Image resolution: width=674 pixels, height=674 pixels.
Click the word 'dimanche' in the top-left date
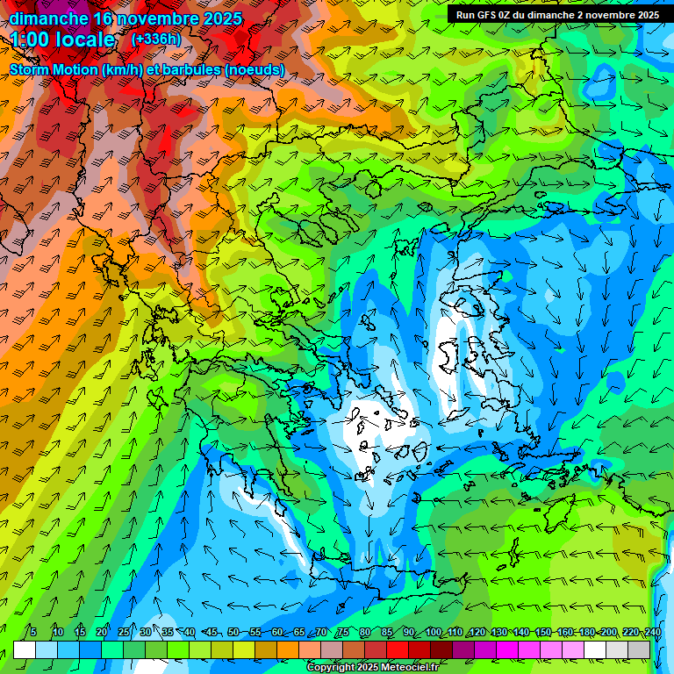(x=48, y=18)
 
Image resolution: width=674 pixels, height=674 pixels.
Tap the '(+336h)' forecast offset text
(x=155, y=39)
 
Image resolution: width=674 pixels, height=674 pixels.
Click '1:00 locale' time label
(x=63, y=39)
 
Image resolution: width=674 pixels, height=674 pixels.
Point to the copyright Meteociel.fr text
(x=372, y=668)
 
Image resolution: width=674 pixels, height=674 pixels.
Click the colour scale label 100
(x=433, y=632)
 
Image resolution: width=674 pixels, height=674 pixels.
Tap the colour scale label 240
(x=652, y=632)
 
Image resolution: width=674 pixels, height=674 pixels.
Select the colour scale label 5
(x=33, y=632)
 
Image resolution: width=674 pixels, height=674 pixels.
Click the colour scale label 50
(x=233, y=632)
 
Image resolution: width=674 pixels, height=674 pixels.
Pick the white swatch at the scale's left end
(x=25, y=649)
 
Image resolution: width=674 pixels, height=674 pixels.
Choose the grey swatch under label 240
(x=639, y=649)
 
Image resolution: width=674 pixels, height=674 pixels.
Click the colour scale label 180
(x=586, y=632)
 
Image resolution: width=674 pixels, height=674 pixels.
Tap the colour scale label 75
(x=343, y=632)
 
